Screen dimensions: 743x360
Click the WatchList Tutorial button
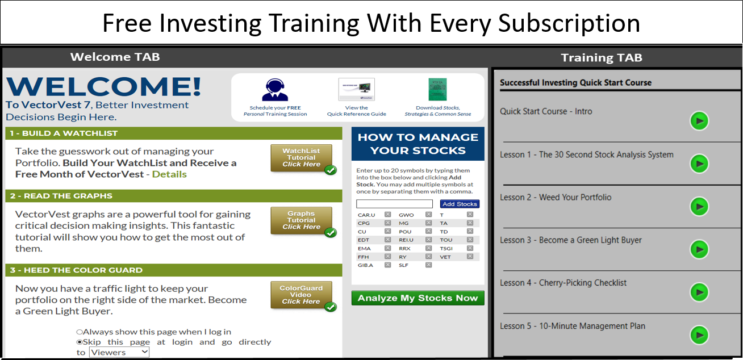tap(301, 158)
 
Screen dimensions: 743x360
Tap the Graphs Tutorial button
tap(301, 220)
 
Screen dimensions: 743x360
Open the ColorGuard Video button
tap(301, 295)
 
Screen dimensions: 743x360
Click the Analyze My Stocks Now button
tap(418, 298)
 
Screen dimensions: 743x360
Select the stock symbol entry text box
tap(394, 203)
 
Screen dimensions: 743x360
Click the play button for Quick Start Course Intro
tap(699, 121)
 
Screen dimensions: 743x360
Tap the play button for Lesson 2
tap(699, 207)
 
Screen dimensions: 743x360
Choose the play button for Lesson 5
tap(699, 335)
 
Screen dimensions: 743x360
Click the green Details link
tap(169, 174)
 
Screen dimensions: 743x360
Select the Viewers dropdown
tap(119, 352)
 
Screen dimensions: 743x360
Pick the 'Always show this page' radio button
tap(80, 332)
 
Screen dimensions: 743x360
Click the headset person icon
tap(275, 90)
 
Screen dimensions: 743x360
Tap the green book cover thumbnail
tap(437, 90)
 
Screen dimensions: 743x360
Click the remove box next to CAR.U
tap(387, 215)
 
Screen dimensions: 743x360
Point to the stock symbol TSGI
tap(446, 248)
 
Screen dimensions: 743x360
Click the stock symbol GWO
tap(406, 215)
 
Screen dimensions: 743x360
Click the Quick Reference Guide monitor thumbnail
tap(357, 90)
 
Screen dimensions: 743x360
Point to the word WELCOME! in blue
tap(104, 86)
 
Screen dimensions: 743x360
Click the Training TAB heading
tap(602, 58)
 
